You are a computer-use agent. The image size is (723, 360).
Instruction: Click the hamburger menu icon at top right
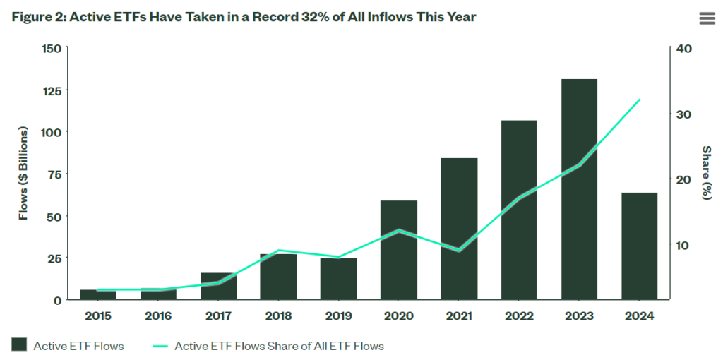pyautogui.click(x=707, y=18)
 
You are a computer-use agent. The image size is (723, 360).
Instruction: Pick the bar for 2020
pyautogui.click(x=399, y=250)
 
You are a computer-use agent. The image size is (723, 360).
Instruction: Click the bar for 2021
pyautogui.click(x=459, y=229)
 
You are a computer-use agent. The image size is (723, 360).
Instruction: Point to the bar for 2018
pyautogui.click(x=278, y=277)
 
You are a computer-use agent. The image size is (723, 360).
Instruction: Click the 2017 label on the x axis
pyautogui.click(x=218, y=316)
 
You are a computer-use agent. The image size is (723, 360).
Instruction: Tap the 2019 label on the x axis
pyautogui.click(x=338, y=316)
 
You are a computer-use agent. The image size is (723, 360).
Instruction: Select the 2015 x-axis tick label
pyautogui.click(x=98, y=316)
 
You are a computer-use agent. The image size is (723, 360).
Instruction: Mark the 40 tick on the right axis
pyautogui.click(x=685, y=49)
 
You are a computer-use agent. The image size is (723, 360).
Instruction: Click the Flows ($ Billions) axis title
pyautogui.click(x=23, y=174)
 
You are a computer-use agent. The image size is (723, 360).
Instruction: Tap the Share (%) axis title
pyautogui.click(x=705, y=173)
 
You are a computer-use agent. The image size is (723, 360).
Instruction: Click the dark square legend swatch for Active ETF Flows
pyautogui.click(x=19, y=344)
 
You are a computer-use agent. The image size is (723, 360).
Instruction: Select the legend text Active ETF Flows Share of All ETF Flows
pyautogui.click(x=279, y=346)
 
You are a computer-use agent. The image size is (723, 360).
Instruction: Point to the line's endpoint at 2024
pyautogui.click(x=639, y=100)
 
